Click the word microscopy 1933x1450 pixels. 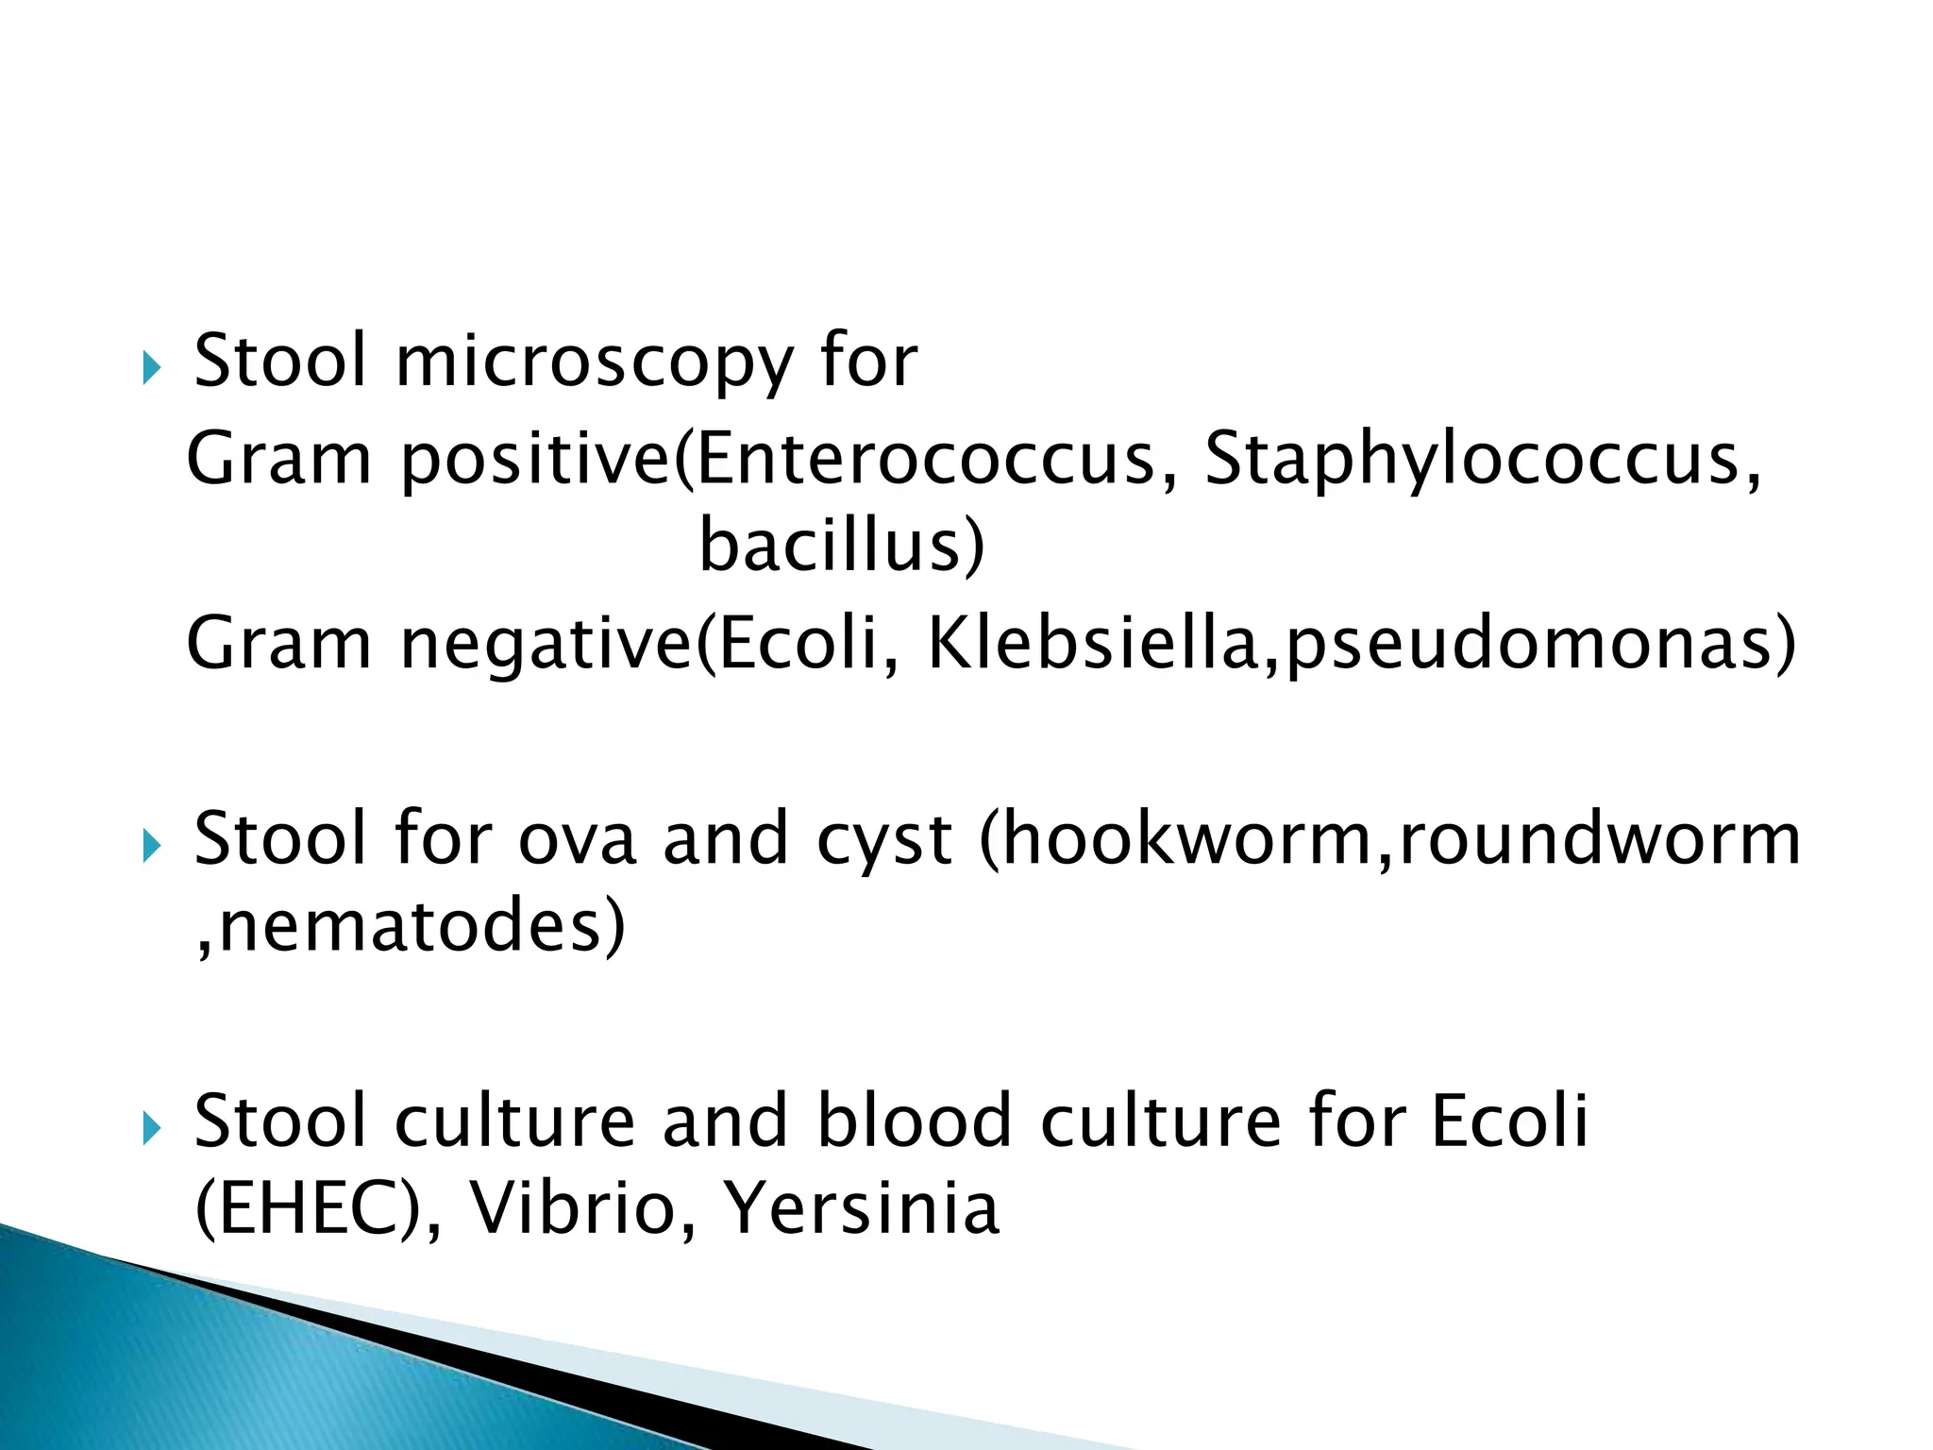pyautogui.click(x=595, y=363)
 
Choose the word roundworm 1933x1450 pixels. pyautogui.click(x=1601, y=839)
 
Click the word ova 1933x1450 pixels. pyautogui.click(x=578, y=839)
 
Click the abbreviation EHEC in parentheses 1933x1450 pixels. pyautogui.click(x=307, y=1209)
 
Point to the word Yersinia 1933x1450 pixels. pyautogui.click(x=861, y=1209)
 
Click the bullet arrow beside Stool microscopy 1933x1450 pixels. pyautogui.click(x=152, y=367)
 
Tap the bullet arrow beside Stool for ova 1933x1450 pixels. pyautogui.click(x=152, y=845)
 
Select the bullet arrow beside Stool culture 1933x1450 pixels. pyautogui.click(x=152, y=1127)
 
